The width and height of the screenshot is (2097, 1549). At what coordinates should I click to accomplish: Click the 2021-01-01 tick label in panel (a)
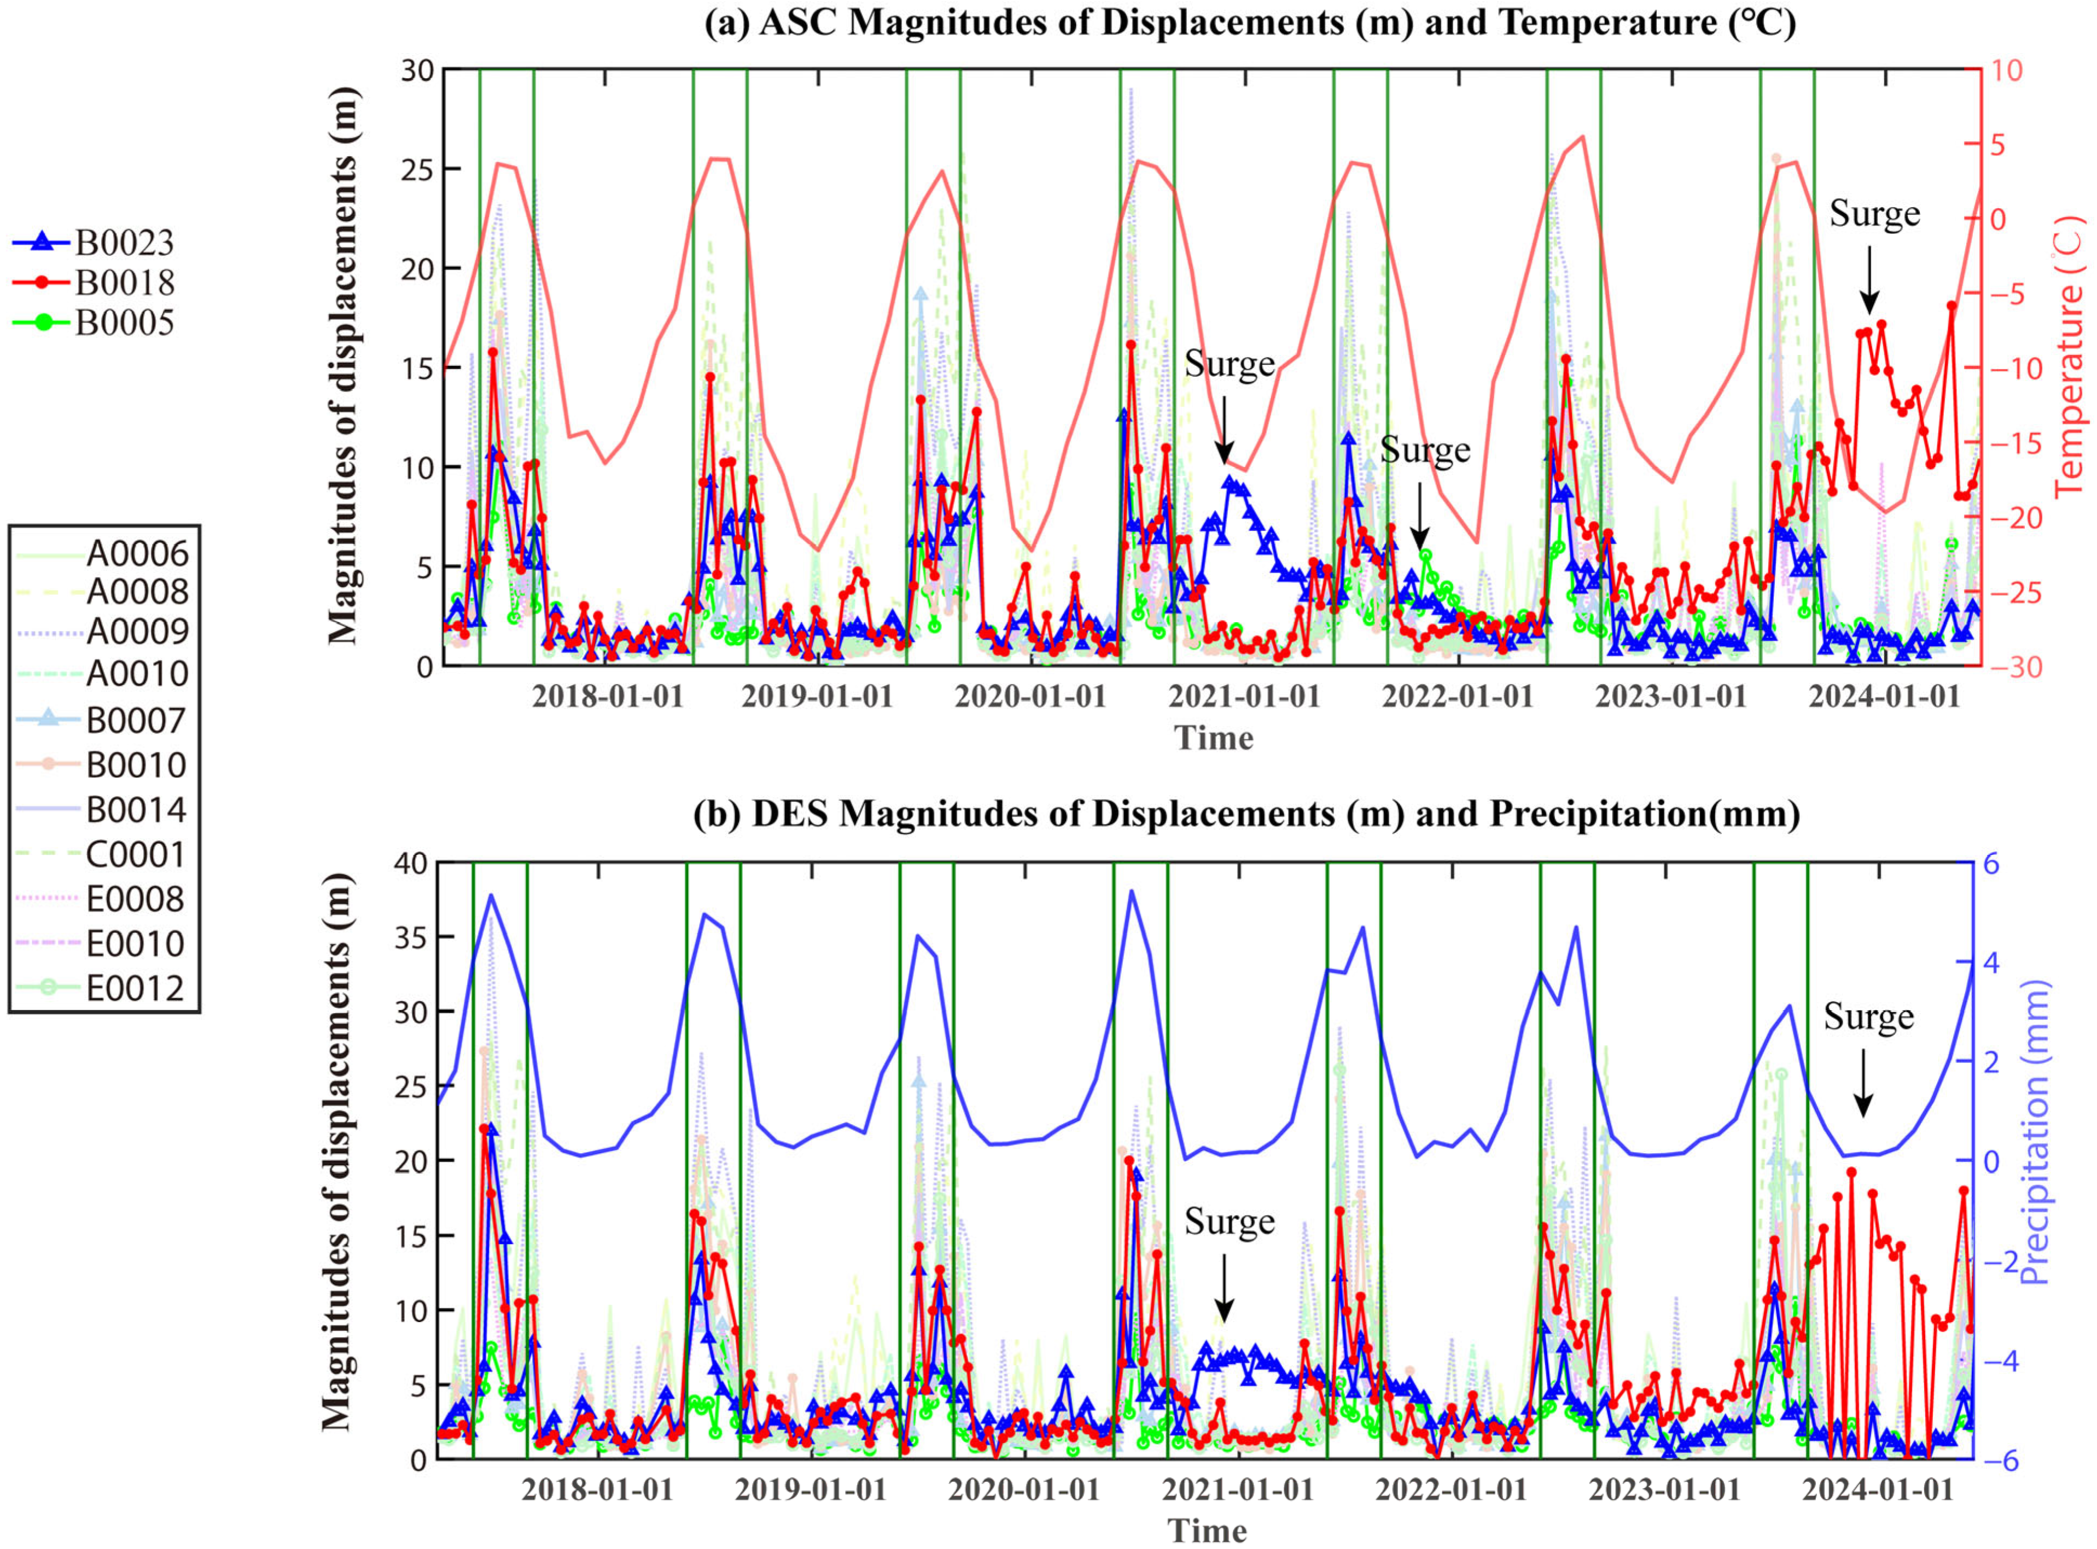(x=1244, y=697)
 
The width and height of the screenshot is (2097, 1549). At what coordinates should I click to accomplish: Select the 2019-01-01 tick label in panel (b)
(x=810, y=1490)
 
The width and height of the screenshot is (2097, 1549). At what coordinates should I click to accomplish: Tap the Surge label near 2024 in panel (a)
(x=1874, y=215)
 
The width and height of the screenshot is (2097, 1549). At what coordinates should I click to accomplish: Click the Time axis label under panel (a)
(x=1214, y=738)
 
